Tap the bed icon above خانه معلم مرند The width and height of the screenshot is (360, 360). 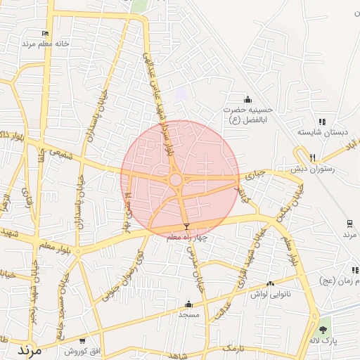[46, 33]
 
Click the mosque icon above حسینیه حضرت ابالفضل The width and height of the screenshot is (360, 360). [247, 100]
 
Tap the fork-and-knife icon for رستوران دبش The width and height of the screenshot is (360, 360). [312, 157]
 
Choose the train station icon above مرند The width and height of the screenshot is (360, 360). [349, 224]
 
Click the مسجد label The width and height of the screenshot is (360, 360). [188, 314]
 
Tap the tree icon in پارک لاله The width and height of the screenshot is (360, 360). [323, 329]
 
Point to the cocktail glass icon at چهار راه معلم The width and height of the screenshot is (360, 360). [186, 226]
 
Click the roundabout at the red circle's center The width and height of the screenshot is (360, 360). [176, 180]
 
